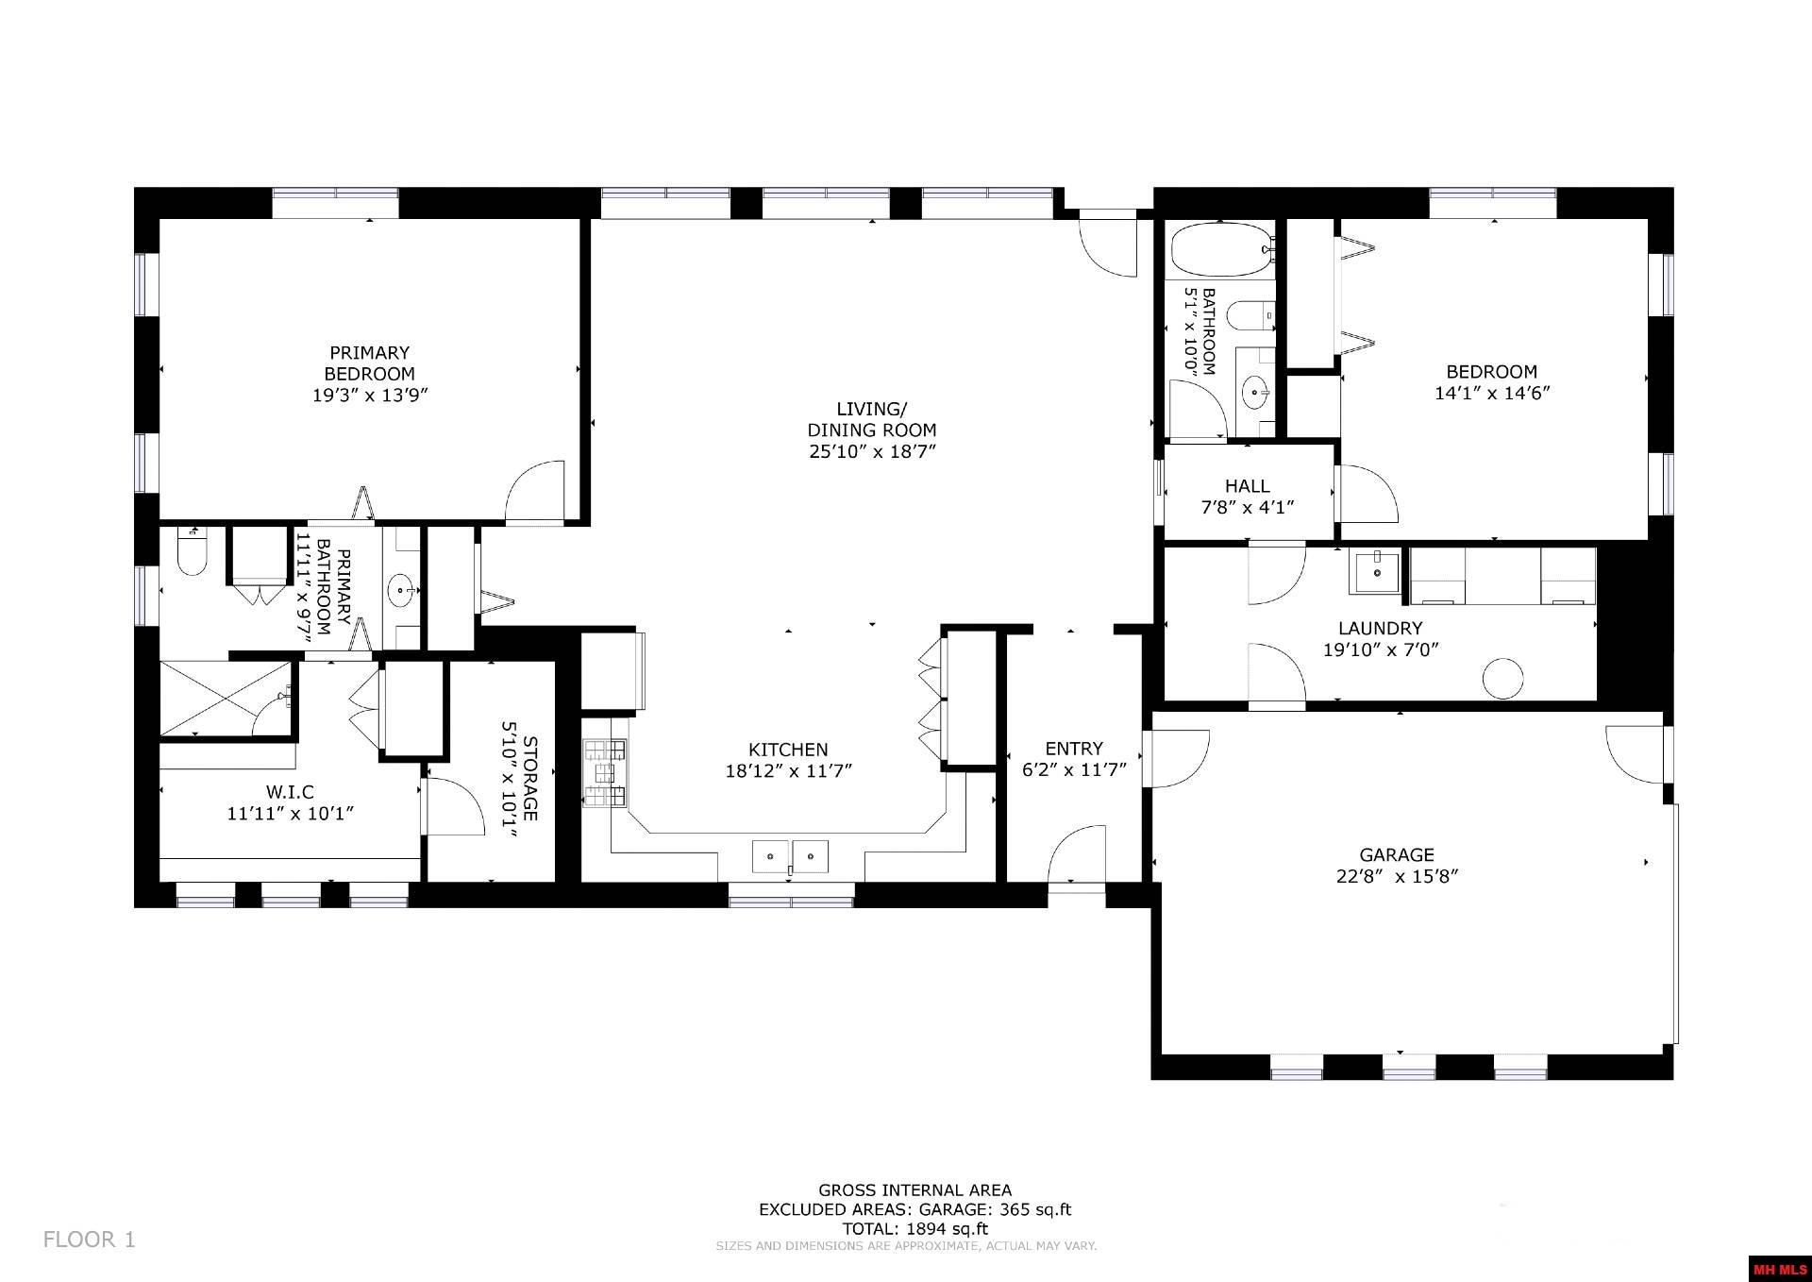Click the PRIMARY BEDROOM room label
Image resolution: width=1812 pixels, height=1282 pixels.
[370, 363]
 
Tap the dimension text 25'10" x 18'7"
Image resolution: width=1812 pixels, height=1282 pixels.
[871, 451]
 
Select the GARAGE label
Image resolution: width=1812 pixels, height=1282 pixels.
[1397, 854]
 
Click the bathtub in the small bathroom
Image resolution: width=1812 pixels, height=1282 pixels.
[1219, 249]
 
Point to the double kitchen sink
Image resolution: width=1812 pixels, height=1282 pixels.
[790, 855]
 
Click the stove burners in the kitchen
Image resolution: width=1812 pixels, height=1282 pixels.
[604, 773]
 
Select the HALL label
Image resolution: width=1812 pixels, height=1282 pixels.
[1247, 485]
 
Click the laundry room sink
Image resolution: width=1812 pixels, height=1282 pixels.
[1377, 572]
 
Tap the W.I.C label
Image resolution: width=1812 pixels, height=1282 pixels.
[290, 791]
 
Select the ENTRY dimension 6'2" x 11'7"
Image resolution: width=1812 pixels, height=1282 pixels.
[1074, 769]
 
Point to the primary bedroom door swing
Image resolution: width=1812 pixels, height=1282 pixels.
[536, 491]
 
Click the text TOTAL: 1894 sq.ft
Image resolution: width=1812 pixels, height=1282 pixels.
[914, 1228]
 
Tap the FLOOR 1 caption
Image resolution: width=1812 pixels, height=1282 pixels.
[90, 1239]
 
